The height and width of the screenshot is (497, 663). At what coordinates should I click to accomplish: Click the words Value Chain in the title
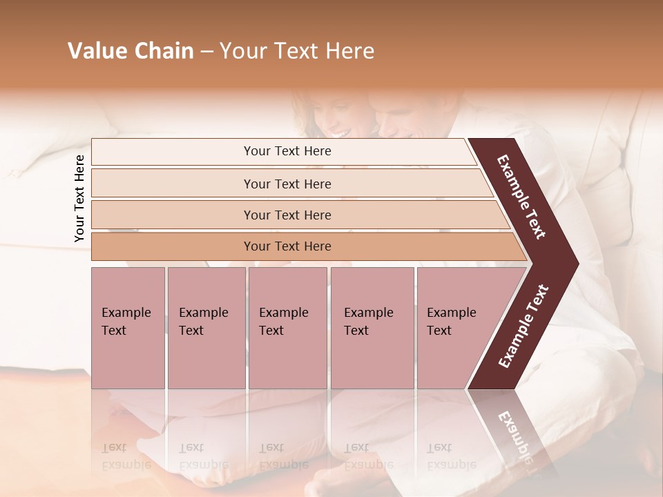pyautogui.click(x=131, y=51)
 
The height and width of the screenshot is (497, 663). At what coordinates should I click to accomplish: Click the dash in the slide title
pyautogui.click(x=206, y=51)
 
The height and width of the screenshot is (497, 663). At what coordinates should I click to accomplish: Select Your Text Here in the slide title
pyautogui.click(x=297, y=51)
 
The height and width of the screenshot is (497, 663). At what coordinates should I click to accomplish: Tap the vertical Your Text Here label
pyautogui.click(x=79, y=199)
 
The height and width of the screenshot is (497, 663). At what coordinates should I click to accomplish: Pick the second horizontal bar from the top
pyautogui.click(x=287, y=184)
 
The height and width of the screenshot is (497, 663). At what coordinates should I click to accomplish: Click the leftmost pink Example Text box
pyautogui.click(x=128, y=328)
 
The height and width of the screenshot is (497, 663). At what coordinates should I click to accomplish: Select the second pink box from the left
pyautogui.click(x=206, y=328)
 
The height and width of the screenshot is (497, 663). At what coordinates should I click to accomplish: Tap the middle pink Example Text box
pyautogui.click(x=287, y=328)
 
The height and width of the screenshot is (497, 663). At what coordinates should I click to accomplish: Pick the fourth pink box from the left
pyautogui.click(x=372, y=328)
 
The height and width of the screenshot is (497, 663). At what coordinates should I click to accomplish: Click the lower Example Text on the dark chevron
pyautogui.click(x=523, y=327)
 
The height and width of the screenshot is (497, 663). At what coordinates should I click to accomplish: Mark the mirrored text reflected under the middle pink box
pyautogui.click(x=282, y=456)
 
